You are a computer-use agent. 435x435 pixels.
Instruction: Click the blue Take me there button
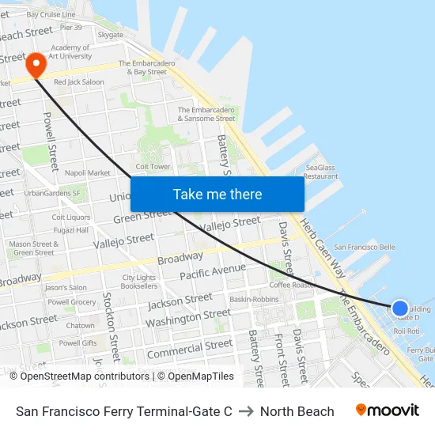[x=217, y=194]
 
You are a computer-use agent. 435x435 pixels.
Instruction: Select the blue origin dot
[x=400, y=308]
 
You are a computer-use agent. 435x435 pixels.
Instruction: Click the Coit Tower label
[x=153, y=166]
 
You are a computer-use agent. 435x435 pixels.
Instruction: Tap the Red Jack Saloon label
[x=78, y=81]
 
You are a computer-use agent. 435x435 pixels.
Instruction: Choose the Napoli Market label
[x=87, y=172]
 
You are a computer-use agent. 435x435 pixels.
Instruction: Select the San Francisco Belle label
[x=365, y=247]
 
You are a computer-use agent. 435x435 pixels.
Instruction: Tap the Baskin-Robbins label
[x=254, y=300]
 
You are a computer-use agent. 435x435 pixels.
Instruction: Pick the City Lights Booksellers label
[x=138, y=282]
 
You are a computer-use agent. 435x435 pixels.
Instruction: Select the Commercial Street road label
[x=190, y=349]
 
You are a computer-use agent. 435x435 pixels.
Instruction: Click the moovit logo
[x=388, y=410]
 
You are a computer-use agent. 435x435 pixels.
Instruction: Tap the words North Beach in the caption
[x=297, y=411]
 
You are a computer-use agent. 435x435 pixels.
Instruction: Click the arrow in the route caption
[x=246, y=411]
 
